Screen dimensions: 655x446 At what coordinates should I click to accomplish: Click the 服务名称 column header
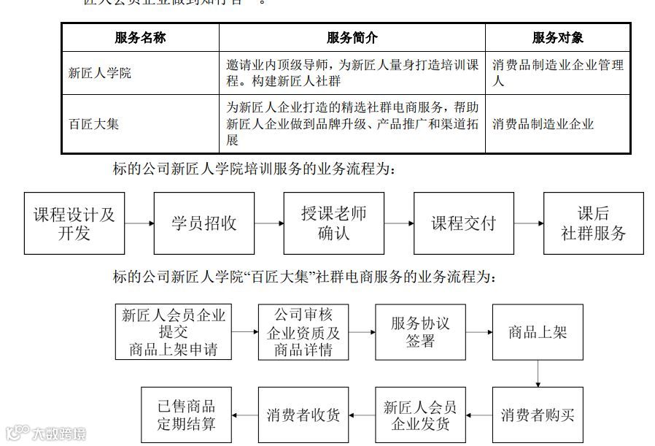140,38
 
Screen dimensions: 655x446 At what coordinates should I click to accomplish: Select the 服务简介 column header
352,38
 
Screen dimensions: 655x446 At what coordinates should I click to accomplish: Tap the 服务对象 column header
557,38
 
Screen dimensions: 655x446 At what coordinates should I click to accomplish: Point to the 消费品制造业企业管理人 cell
557,73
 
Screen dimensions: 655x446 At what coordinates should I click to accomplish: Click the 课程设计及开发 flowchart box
74,223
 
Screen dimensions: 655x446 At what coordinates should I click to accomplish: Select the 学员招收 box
204,223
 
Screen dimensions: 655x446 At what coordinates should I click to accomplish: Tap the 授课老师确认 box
334,223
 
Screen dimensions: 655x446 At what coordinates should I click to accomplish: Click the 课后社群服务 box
593,223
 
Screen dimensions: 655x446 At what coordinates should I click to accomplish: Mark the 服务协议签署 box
420,332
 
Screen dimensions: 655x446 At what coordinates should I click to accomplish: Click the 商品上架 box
538,332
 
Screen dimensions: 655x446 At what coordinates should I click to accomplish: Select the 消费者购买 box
538,415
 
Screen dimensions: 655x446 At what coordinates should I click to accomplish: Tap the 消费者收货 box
303,415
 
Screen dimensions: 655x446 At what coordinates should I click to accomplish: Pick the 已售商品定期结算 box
186,415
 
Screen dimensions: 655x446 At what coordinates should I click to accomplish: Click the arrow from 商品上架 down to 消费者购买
538,373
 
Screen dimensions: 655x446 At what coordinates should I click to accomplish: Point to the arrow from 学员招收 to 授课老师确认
269,223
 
